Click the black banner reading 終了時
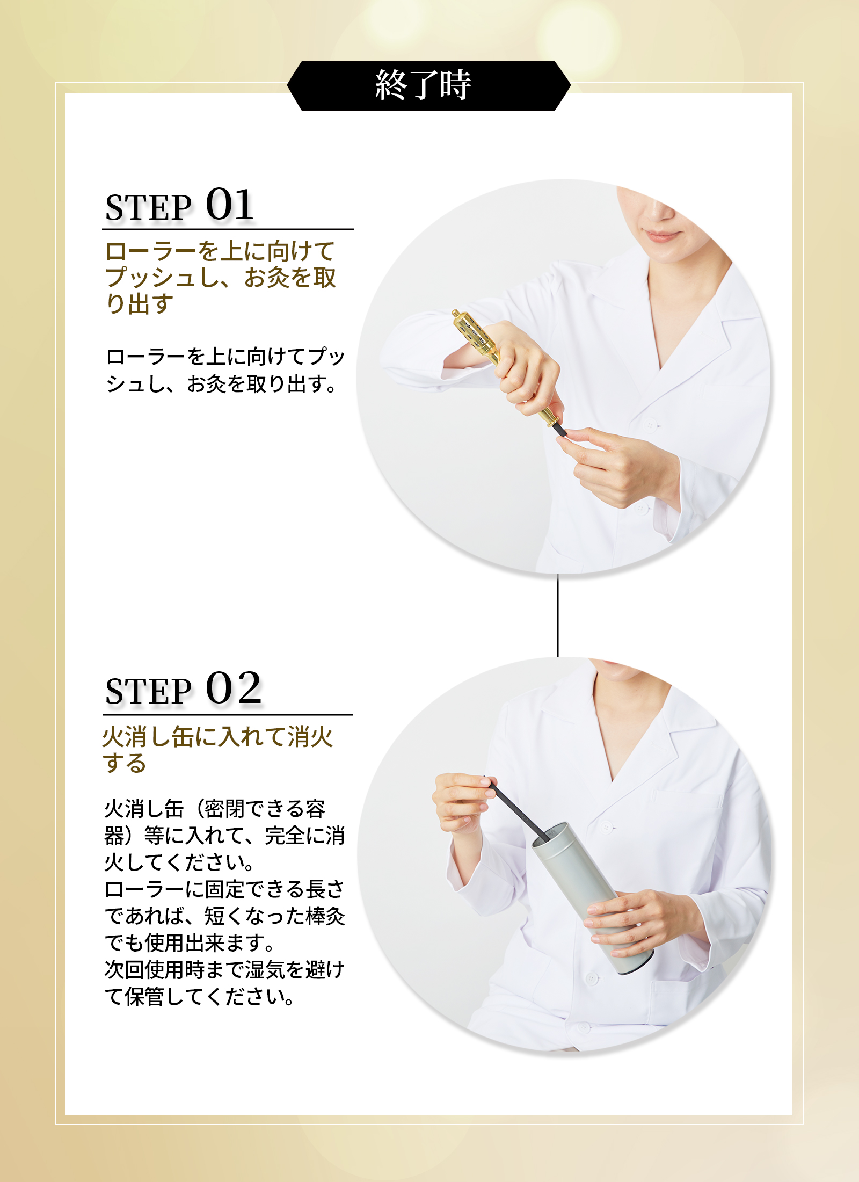tap(428, 86)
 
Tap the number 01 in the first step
tap(230, 205)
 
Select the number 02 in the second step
tap(234, 688)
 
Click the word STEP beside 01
tap(148, 208)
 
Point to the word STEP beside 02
tap(148, 691)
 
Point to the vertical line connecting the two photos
tap(558, 615)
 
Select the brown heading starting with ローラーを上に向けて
tap(221, 278)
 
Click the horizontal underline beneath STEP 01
tap(228, 229)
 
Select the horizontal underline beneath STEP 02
tap(228, 714)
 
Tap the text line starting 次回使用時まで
tap(225, 970)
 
